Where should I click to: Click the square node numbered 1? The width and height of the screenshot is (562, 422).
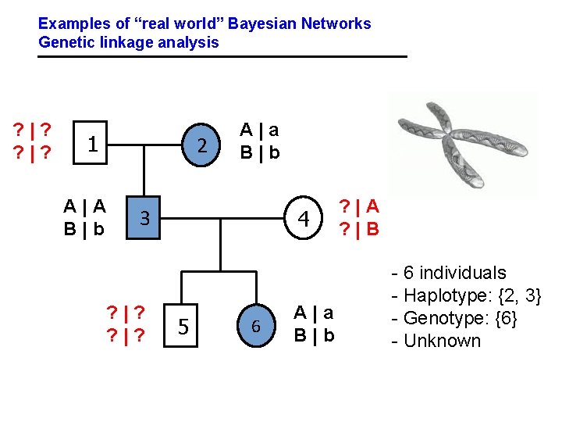click(x=92, y=144)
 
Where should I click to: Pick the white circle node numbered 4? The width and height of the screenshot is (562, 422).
click(x=309, y=218)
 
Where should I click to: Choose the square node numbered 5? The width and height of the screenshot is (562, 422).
click(x=182, y=325)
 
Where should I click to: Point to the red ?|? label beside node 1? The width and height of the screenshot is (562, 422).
click(x=30, y=138)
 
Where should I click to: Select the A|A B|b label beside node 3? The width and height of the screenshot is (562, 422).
click(x=84, y=217)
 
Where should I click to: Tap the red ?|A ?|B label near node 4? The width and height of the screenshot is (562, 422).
click(x=358, y=217)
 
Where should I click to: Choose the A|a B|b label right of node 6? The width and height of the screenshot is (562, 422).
click(x=315, y=324)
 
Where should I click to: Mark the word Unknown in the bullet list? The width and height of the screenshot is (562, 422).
click(x=442, y=341)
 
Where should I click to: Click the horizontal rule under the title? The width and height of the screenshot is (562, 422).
click(x=223, y=56)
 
